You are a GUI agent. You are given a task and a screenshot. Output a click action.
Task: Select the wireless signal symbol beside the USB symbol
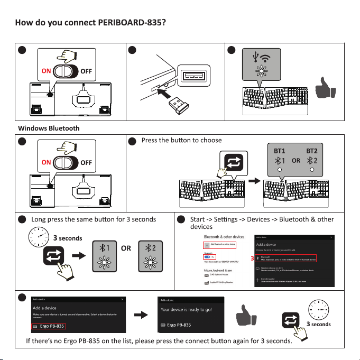pos(266,57)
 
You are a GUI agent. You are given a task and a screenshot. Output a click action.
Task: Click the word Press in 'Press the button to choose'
pos(151,141)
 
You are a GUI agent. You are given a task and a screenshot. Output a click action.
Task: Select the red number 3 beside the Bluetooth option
pos(252,259)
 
